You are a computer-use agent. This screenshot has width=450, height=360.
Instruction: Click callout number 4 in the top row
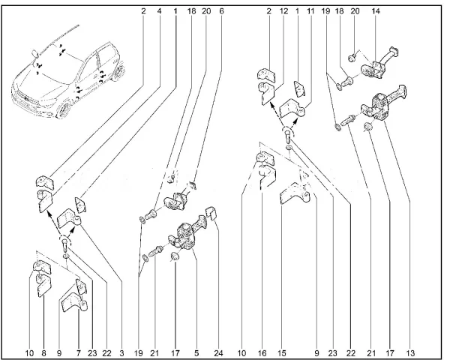point(159,11)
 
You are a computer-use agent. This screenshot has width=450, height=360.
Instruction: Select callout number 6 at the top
point(221,11)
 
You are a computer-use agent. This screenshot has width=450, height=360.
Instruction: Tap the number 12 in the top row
point(283,11)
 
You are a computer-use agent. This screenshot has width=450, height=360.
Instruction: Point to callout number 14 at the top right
point(376,11)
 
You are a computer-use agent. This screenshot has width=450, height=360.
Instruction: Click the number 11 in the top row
point(310,11)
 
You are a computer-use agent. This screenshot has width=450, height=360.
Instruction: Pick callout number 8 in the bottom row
point(44,352)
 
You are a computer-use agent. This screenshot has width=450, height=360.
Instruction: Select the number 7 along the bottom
point(79,352)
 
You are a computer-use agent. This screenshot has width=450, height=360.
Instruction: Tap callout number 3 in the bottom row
point(122,352)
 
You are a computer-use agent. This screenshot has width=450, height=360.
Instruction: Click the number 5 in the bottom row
point(196,352)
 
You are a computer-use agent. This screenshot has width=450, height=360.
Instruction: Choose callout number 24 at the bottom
point(218,352)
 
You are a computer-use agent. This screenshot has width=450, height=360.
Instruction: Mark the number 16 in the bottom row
point(262,352)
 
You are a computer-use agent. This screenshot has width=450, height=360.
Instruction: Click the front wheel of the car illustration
point(64,109)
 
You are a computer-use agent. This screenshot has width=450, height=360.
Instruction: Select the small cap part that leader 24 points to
point(211,212)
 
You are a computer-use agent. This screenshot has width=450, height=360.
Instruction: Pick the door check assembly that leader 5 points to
point(188,234)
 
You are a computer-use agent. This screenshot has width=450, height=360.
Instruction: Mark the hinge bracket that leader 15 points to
point(294,193)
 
